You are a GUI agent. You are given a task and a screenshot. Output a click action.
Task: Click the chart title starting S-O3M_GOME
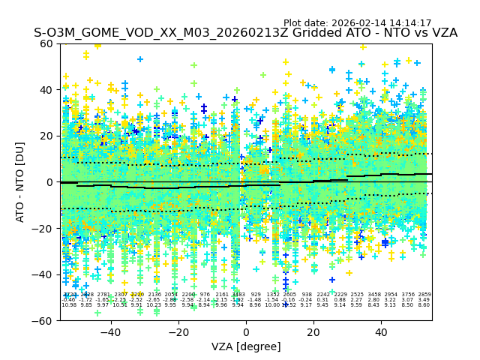pyautogui.click(x=245, y=34)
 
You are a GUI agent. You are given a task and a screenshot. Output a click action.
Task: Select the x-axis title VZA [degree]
pyautogui.click(x=246, y=346)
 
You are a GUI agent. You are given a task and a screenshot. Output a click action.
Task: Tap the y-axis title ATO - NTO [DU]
pyautogui.click(x=21, y=182)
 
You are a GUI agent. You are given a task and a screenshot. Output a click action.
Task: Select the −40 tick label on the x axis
pyautogui.click(x=110, y=331)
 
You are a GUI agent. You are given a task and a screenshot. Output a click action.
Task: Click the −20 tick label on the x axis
pyautogui.click(x=178, y=331)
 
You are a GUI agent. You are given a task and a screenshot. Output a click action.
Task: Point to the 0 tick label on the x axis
pyautogui.click(x=246, y=331)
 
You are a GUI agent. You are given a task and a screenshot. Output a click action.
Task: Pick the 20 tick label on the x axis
pyautogui.click(x=313, y=331)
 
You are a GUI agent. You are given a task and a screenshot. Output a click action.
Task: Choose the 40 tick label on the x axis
pyautogui.click(x=381, y=331)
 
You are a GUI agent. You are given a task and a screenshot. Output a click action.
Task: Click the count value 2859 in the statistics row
pyautogui.click(x=424, y=295)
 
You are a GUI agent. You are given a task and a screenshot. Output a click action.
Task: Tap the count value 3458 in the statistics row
pyautogui.click(x=374, y=295)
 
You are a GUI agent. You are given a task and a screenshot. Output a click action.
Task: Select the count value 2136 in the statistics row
pyautogui.click(x=154, y=295)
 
